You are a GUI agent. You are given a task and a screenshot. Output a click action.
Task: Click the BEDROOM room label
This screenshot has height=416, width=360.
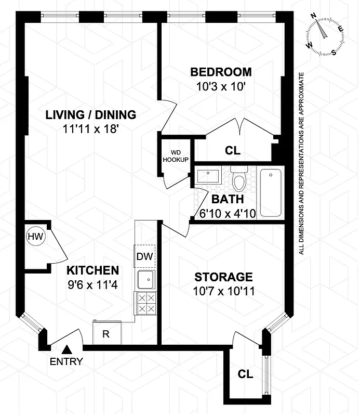click(x=221, y=72)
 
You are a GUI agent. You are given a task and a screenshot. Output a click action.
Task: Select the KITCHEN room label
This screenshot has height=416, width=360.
click(x=92, y=270)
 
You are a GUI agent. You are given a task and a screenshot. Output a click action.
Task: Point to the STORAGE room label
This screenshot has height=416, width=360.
click(x=223, y=277)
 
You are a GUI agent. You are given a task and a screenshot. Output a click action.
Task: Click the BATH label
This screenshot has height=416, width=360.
click(x=227, y=199)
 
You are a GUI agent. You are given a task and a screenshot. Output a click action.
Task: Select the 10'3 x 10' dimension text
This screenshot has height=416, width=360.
click(x=221, y=86)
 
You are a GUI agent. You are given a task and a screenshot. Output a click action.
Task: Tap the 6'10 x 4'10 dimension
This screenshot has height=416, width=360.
click(x=227, y=213)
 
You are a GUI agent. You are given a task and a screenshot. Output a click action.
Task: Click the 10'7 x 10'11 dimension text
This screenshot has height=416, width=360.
click(x=223, y=291)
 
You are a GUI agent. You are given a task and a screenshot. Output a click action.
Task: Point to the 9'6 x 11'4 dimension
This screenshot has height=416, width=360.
click(x=92, y=284)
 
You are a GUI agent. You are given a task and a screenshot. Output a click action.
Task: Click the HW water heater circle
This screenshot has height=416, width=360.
click(x=35, y=237)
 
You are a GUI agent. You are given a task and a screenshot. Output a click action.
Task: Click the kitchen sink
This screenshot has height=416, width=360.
click(x=145, y=280)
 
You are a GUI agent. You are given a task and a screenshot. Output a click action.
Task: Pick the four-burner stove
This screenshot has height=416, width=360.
click(x=145, y=303)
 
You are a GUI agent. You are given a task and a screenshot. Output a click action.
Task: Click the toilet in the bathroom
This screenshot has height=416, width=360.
click(x=239, y=179)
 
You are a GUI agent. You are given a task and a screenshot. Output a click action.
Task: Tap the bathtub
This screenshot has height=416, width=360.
click(x=271, y=192)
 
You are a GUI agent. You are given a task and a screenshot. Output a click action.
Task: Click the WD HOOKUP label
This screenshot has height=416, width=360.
click(x=176, y=157)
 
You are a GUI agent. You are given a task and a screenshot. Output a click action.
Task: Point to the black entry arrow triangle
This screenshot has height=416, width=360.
click(x=66, y=350)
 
